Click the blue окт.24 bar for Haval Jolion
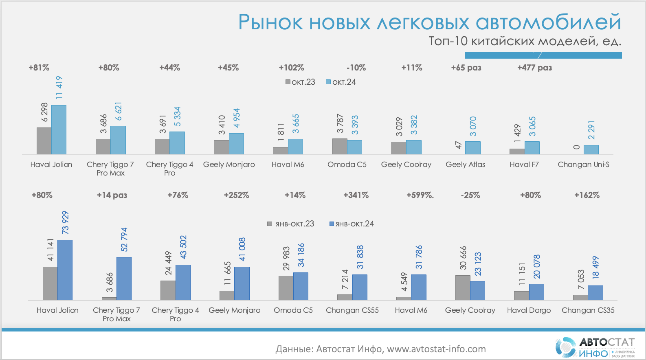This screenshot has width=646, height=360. [x=59, y=130]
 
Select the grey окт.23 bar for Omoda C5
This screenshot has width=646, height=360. [x=340, y=147]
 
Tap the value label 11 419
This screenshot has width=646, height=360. [x=59, y=88]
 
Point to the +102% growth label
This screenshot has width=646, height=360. [x=291, y=68]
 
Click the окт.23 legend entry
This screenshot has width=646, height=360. [x=301, y=82]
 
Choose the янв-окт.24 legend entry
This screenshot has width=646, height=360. [x=352, y=224]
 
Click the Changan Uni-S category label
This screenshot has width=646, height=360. [x=583, y=165]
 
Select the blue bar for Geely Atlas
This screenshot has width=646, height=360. [x=472, y=148]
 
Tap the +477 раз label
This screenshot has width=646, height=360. [x=534, y=68]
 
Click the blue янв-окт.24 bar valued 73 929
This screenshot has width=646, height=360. [x=65, y=270]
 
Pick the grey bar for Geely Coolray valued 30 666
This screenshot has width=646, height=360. [x=463, y=288]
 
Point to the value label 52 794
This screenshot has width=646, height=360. [x=124, y=239]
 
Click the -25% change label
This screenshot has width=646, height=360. [x=470, y=195]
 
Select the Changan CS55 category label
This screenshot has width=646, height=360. [x=352, y=310]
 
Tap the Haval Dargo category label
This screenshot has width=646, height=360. [x=529, y=310]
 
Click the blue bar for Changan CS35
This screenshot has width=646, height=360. [x=595, y=293]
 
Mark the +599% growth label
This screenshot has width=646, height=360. [x=420, y=195]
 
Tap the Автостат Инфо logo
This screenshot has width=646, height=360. [x=594, y=347]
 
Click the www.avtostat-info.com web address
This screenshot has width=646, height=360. [x=436, y=349]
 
